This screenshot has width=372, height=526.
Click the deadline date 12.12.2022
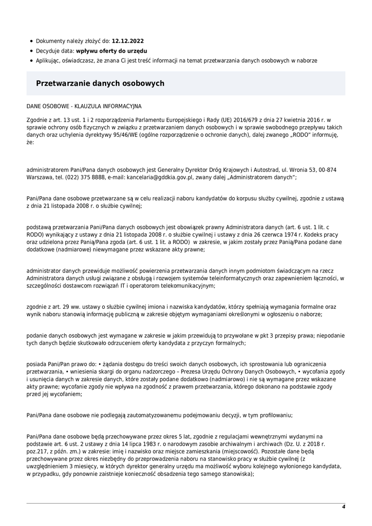(128, 41)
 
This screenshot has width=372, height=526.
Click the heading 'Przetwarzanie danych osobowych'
(100, 83)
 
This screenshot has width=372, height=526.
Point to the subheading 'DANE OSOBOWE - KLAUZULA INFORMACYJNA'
(84, 106)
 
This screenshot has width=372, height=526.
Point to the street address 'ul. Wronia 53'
(298, 170)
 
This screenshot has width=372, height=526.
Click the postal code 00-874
(327, 170)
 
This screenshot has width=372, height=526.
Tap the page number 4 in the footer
(343, 507)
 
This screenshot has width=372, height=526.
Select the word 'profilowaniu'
(276, 415)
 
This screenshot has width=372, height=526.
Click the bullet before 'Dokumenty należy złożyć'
(32, 41)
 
